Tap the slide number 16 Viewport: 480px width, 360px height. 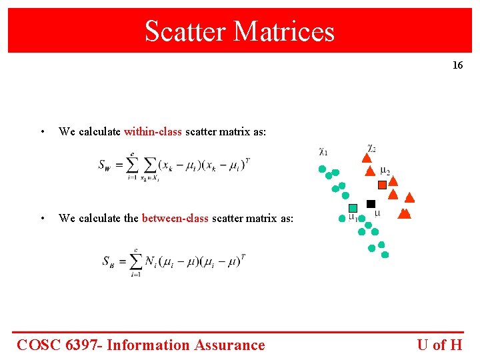click(457, 65)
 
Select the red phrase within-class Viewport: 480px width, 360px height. click(153, 132)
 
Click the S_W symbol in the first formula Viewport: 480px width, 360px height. click(105, 165)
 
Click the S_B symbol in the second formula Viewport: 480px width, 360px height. click(109, 261)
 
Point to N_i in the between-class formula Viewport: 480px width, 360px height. click(152, 260)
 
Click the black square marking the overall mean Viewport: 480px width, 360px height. click(371, 204)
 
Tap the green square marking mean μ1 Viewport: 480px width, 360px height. click(353, 208)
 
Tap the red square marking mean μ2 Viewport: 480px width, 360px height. click(382, 185)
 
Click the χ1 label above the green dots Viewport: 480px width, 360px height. click(323, 152)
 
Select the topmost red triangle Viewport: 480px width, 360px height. click(365, 158)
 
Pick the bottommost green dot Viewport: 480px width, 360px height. click(385, 255)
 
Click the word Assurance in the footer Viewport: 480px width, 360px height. click(229, 345)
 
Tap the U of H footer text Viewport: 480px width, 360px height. click(439, 345)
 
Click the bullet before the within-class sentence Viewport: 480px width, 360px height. click(42, 132)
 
